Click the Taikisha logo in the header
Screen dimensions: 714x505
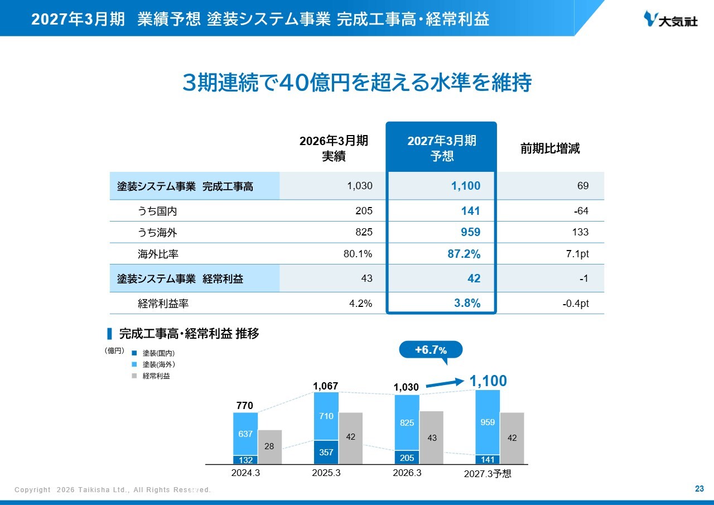point(670,19)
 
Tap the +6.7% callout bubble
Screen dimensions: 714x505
point(431,350)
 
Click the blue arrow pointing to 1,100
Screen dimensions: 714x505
point(445,383)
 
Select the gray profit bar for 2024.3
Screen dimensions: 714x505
point(269,447)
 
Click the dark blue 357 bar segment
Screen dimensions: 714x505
point(326,453)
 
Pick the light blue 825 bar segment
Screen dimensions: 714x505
point(407,423)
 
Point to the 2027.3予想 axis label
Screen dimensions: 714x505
point(488,474)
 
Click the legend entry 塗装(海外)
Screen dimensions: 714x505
point(153,364)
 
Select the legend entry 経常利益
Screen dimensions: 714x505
point(151,376)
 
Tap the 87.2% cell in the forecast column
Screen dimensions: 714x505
point(464,254)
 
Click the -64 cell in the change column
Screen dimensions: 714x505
point(581,211)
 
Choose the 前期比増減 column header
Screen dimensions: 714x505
point(550,148)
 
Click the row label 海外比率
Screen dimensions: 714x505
point(158,254)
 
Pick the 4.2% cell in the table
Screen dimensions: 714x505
point(360,303)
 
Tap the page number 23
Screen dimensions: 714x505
point(699,489)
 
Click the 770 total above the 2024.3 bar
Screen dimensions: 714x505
point(245,406)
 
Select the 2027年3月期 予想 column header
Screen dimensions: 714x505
point(441,148)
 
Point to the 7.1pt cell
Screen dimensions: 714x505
point(577,254)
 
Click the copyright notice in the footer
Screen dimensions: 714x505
point(113,490)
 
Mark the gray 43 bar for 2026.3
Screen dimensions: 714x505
point(432,437)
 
